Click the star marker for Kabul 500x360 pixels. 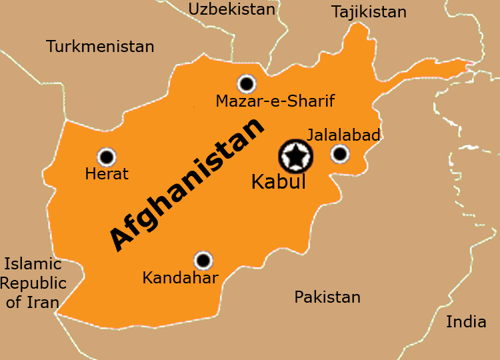(x=295, y=156)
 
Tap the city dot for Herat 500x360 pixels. (x=107, y=157)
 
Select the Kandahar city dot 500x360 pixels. (x=203, y=260)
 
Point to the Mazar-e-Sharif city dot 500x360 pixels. (x=247, y=83)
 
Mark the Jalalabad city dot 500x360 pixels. (x=340, y=154)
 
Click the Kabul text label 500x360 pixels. (x=278, y=181)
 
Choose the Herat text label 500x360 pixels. (x=107, y=175)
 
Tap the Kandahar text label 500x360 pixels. (x=180, y=278)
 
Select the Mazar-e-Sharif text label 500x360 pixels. (x=275, y=101)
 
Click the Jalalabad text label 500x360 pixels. (x=343, y=135)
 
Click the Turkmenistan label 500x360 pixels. (x=100, y=47)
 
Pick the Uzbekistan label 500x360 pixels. (x=231, y=9)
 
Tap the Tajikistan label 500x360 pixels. (x=369, y=12)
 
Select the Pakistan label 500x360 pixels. (x=327, y=297)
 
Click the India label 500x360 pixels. (x=466, y=322)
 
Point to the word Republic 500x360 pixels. (x=33, y=283)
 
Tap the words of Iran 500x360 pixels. (x=32, y=302)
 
